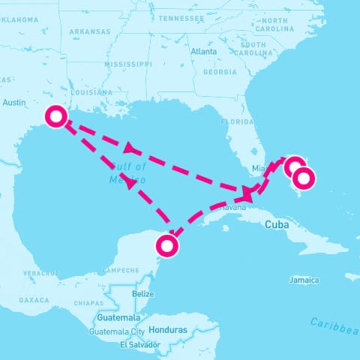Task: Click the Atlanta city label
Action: coord(203,52)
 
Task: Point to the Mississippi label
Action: coord(127,65)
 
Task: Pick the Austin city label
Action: coord(15,102)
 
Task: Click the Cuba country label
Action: coord(277,224)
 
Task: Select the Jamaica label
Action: coord(303,280)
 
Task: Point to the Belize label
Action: coord(142,294)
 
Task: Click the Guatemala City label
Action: coord(117,331)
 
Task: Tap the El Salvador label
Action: coord(139,344)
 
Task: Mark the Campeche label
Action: coord(120,270)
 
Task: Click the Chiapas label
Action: coord(90,304)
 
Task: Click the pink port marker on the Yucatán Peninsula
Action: coord(168,245)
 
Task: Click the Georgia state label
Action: coord(220,73)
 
